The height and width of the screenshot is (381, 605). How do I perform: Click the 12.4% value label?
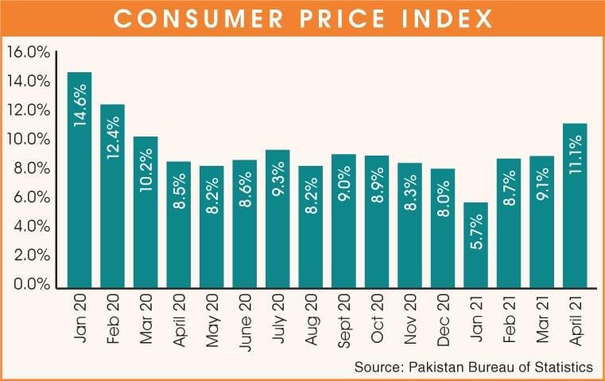pos(112,139)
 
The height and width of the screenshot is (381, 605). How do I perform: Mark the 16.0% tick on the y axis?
pos(29,52)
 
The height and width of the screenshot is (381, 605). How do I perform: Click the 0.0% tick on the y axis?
pos(29,284)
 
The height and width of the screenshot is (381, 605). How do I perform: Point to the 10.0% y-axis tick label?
pos(29,140)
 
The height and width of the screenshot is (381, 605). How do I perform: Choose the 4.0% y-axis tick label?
pos(29,226)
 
